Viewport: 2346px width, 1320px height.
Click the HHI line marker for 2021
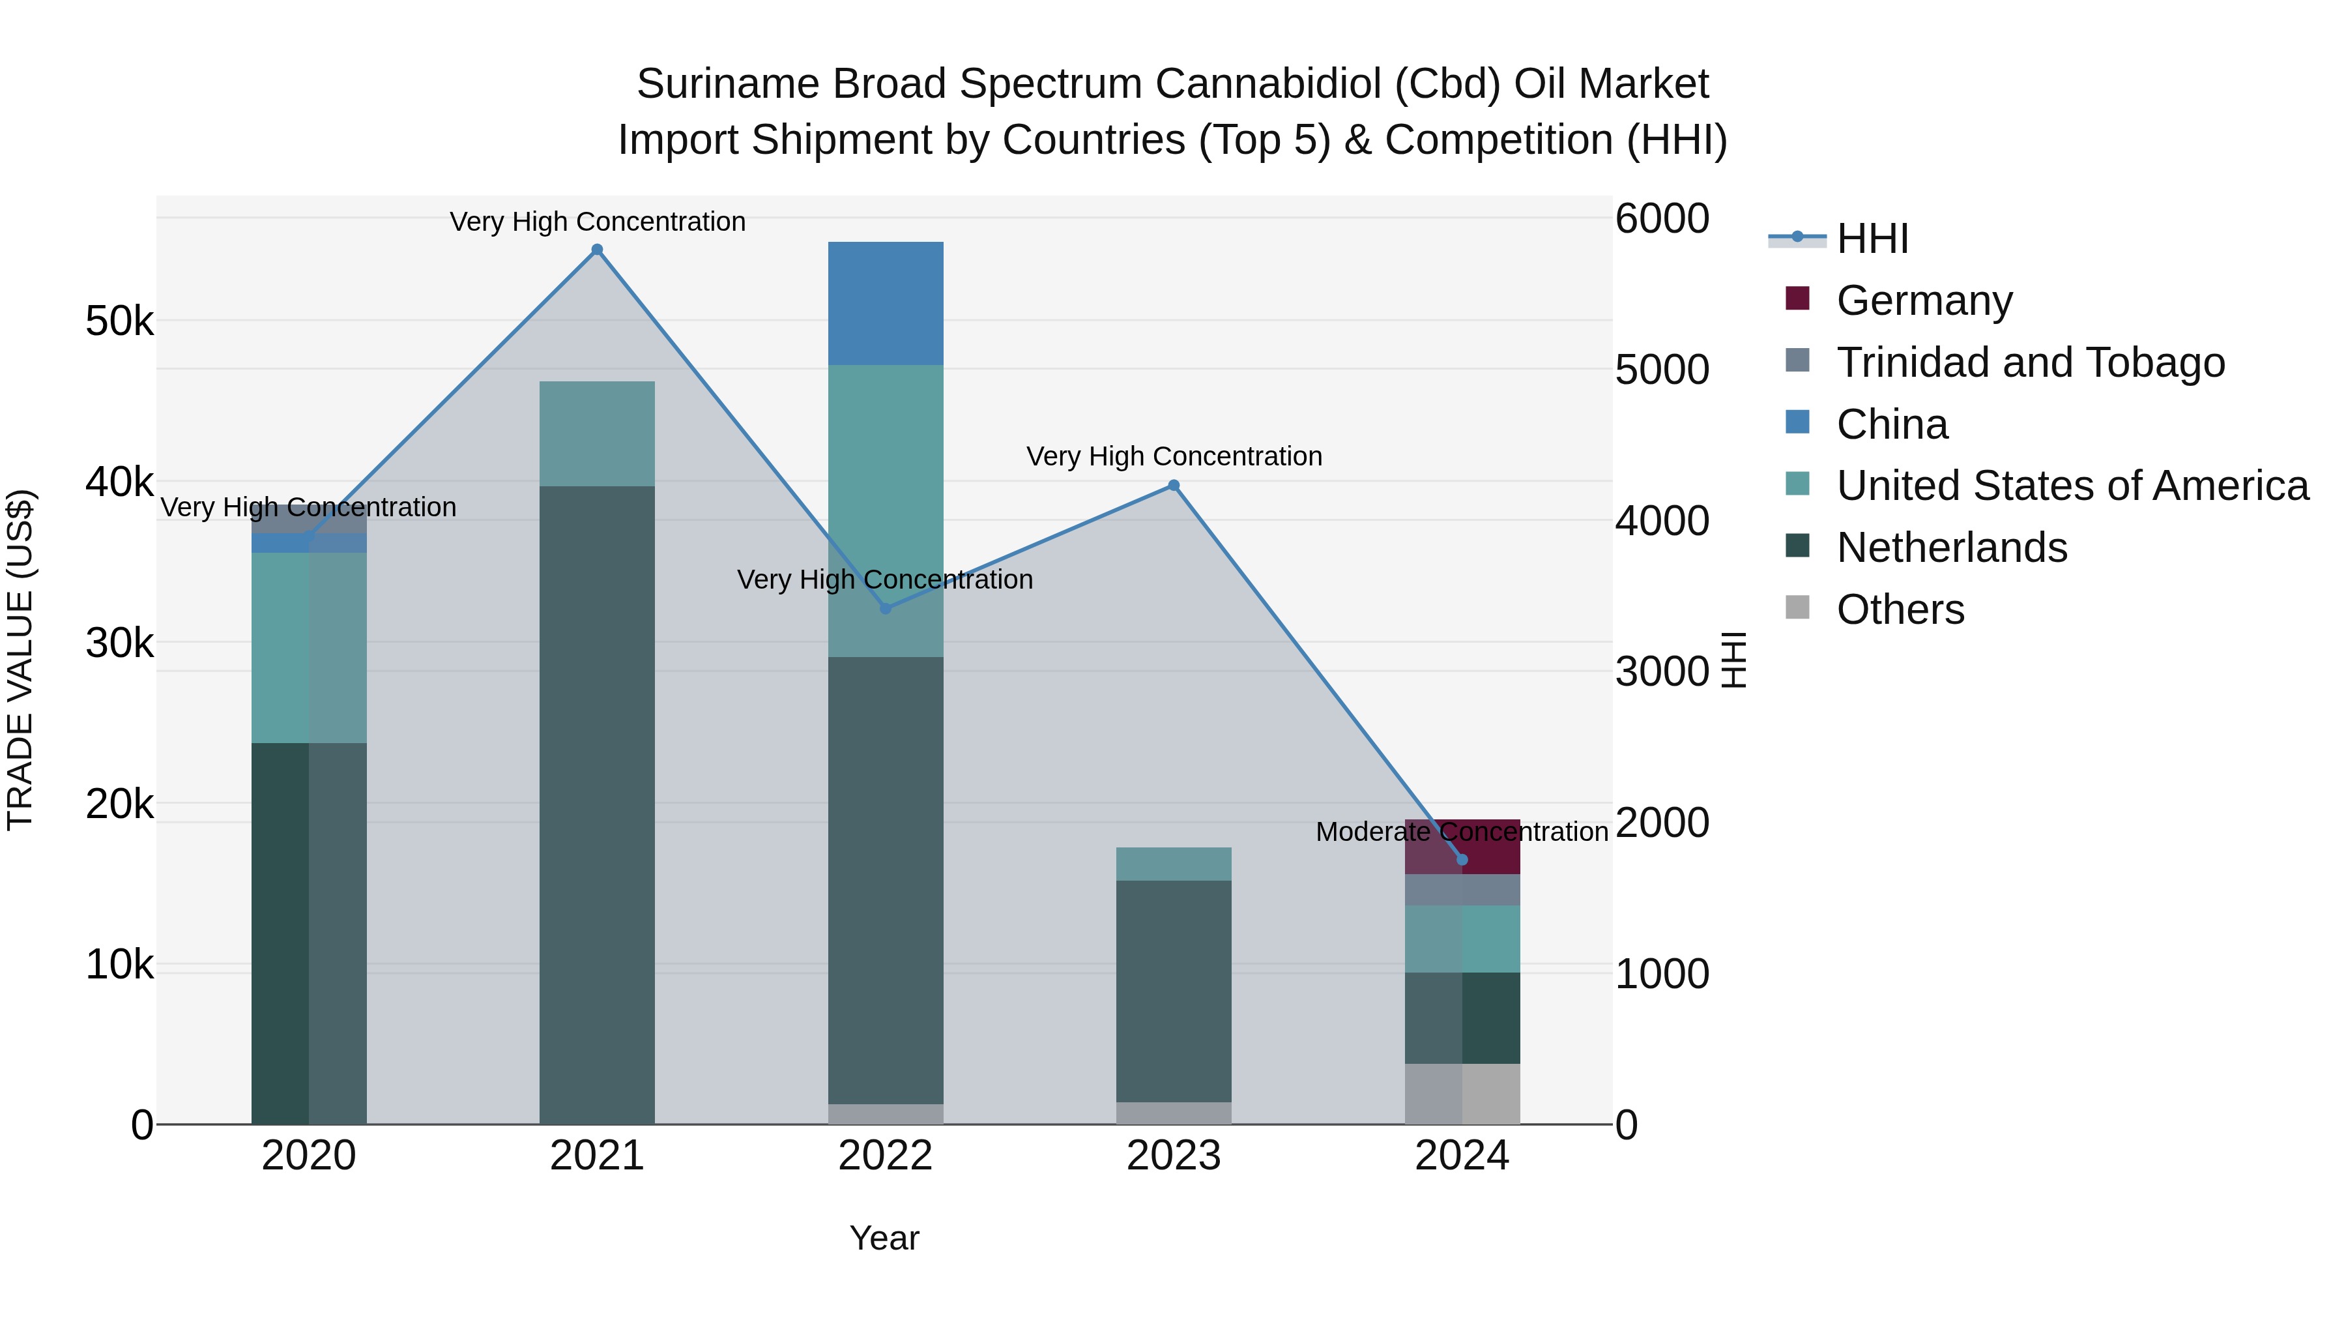596,250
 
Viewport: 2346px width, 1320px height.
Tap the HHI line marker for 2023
1174,486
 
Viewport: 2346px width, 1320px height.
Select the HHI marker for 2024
1462,859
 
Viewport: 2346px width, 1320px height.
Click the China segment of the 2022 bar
885,303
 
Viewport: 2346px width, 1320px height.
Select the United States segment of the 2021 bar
596,433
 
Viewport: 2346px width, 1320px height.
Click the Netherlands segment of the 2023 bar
1173,991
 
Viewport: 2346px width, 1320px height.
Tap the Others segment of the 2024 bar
1462,1093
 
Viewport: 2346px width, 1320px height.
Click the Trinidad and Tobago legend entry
2030,362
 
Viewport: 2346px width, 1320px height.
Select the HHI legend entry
1872,239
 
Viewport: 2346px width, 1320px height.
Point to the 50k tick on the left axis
119,321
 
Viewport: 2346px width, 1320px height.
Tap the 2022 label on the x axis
885,1156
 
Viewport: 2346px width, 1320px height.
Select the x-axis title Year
884,1238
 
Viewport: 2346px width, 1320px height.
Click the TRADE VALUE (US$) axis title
20,660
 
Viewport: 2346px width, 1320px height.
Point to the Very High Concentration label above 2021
598,222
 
